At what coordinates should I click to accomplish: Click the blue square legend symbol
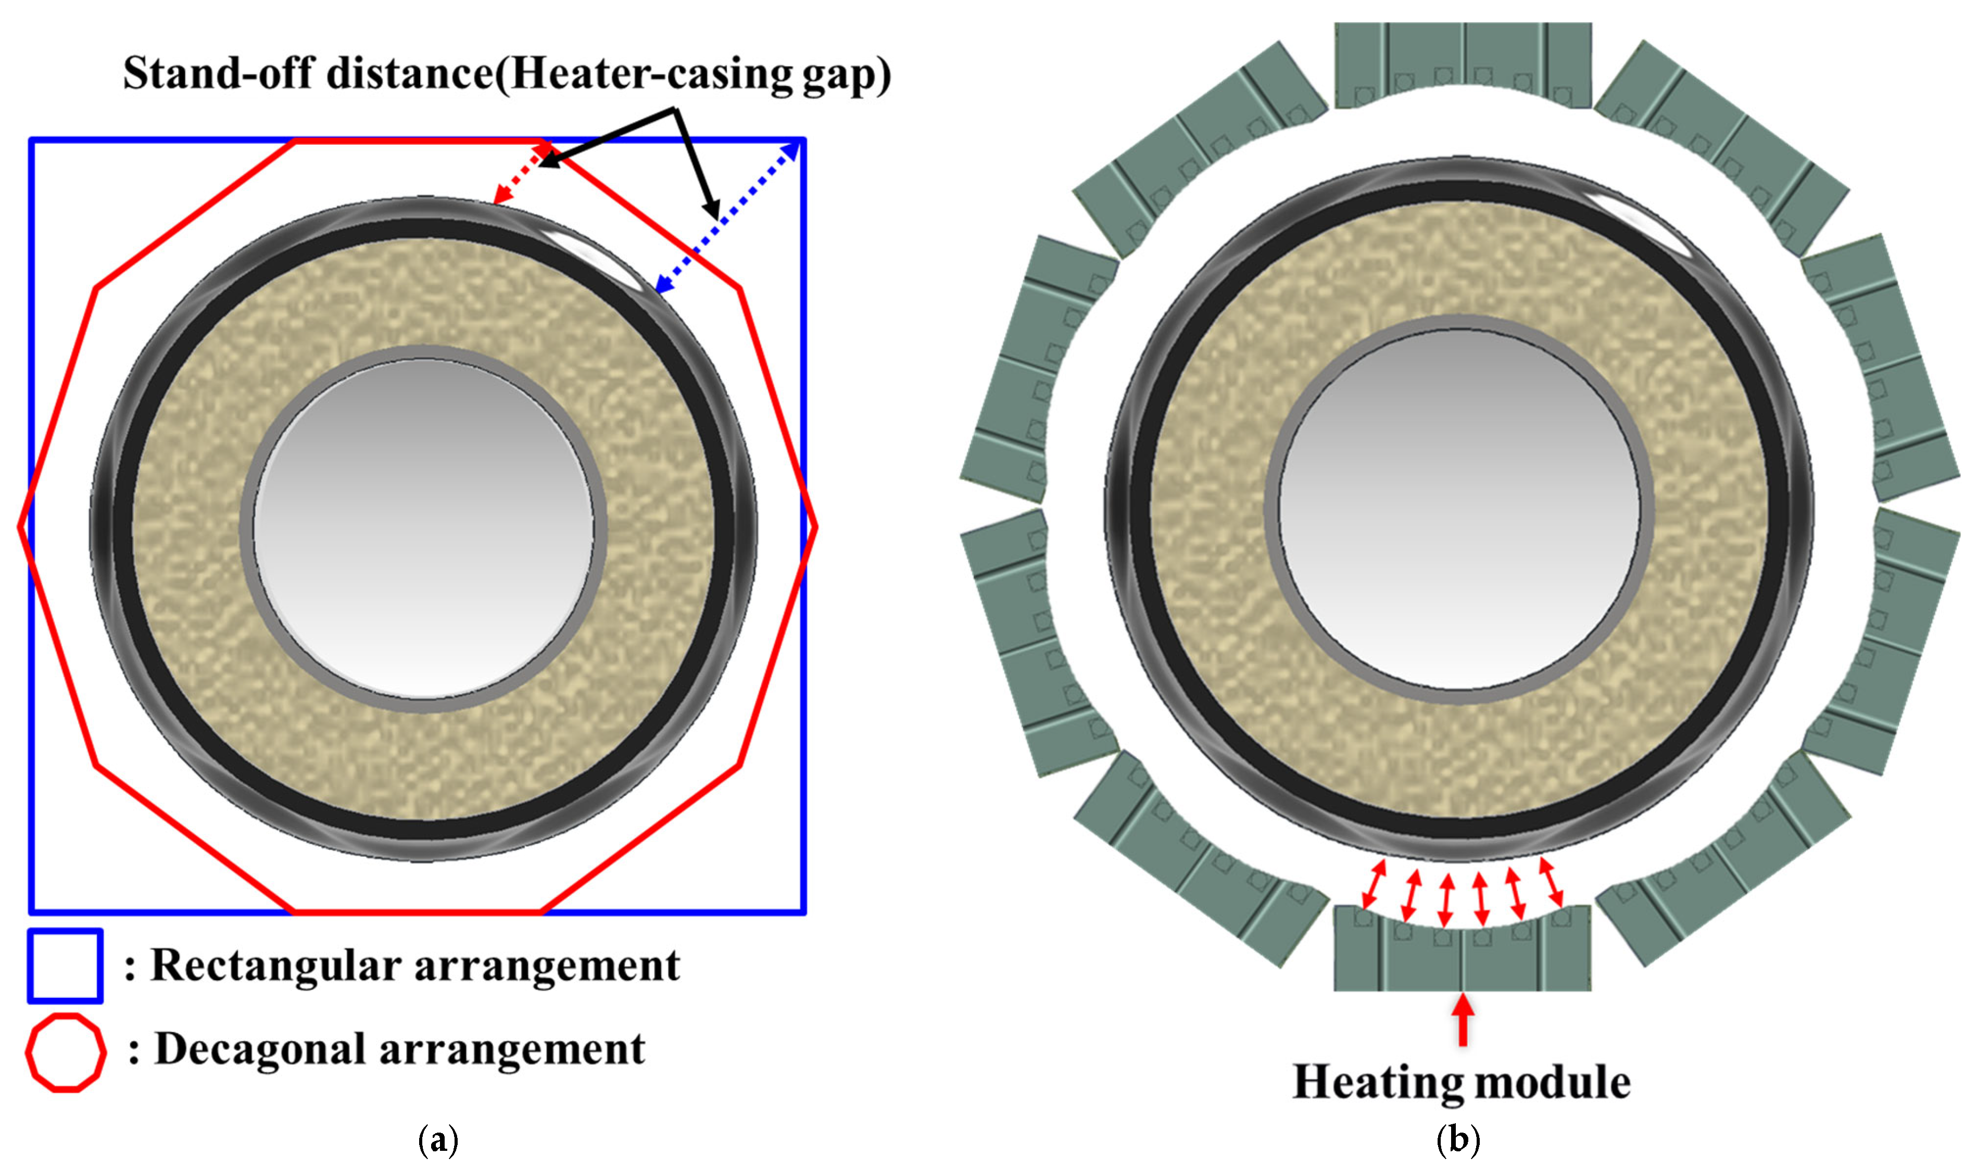coord(66,966)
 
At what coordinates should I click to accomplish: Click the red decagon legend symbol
coord(66,1053)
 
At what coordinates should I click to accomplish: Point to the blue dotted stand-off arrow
coord(729,217)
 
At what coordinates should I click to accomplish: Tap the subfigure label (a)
coord(438,1140)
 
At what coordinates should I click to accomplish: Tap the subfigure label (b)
coord(1458,1140)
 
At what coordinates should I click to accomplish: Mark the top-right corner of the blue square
coord(803,141)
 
